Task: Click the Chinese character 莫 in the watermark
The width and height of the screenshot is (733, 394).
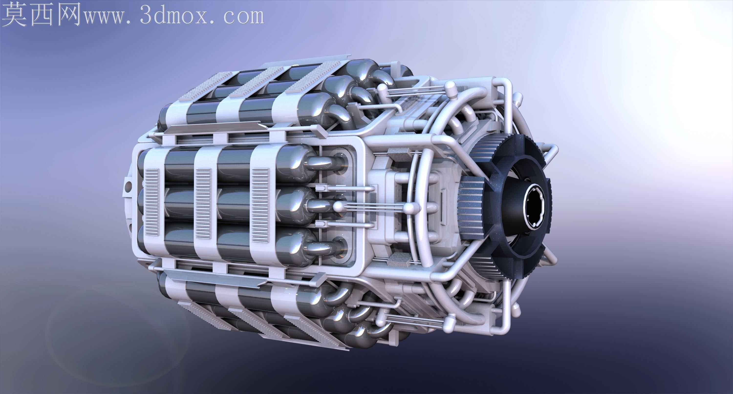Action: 15,14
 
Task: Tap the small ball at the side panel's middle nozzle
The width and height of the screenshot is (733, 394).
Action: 338,207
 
